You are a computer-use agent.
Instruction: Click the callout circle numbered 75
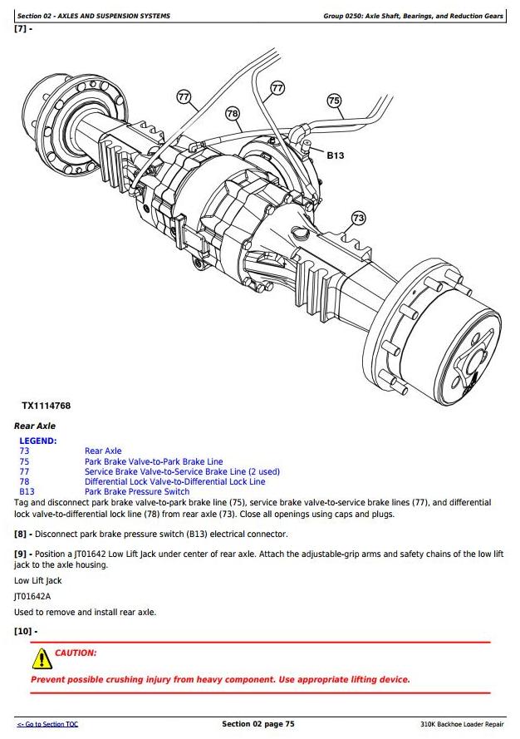tap(334, 101)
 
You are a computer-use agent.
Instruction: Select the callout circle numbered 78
tap(233, 113)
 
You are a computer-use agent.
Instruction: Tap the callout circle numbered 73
tap(358, 218)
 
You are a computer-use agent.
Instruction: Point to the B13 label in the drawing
tap(336, 155)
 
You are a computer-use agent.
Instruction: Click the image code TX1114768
tap(47, 406)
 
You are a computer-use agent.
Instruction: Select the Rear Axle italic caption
tap(35, 426)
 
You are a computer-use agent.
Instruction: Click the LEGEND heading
tap(38, 441)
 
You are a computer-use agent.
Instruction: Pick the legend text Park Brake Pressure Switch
tap(137, 492)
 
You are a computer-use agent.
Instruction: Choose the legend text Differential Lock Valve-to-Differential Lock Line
tap(174, 481)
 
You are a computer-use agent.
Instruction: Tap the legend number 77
tap(24, 471)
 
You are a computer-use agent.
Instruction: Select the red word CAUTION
tap(76, 653)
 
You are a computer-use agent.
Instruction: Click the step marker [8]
tap(22, 534)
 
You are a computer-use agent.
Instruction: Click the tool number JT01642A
tap(32, 597)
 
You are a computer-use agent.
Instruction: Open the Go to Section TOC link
tap(47, 725)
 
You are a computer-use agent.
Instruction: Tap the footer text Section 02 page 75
tap(258, 724)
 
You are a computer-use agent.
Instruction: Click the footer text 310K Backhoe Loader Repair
tap(462, 725)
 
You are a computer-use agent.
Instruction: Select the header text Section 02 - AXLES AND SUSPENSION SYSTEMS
tap(94, 16)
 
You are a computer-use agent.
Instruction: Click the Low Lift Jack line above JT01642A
tap(37, 581)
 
